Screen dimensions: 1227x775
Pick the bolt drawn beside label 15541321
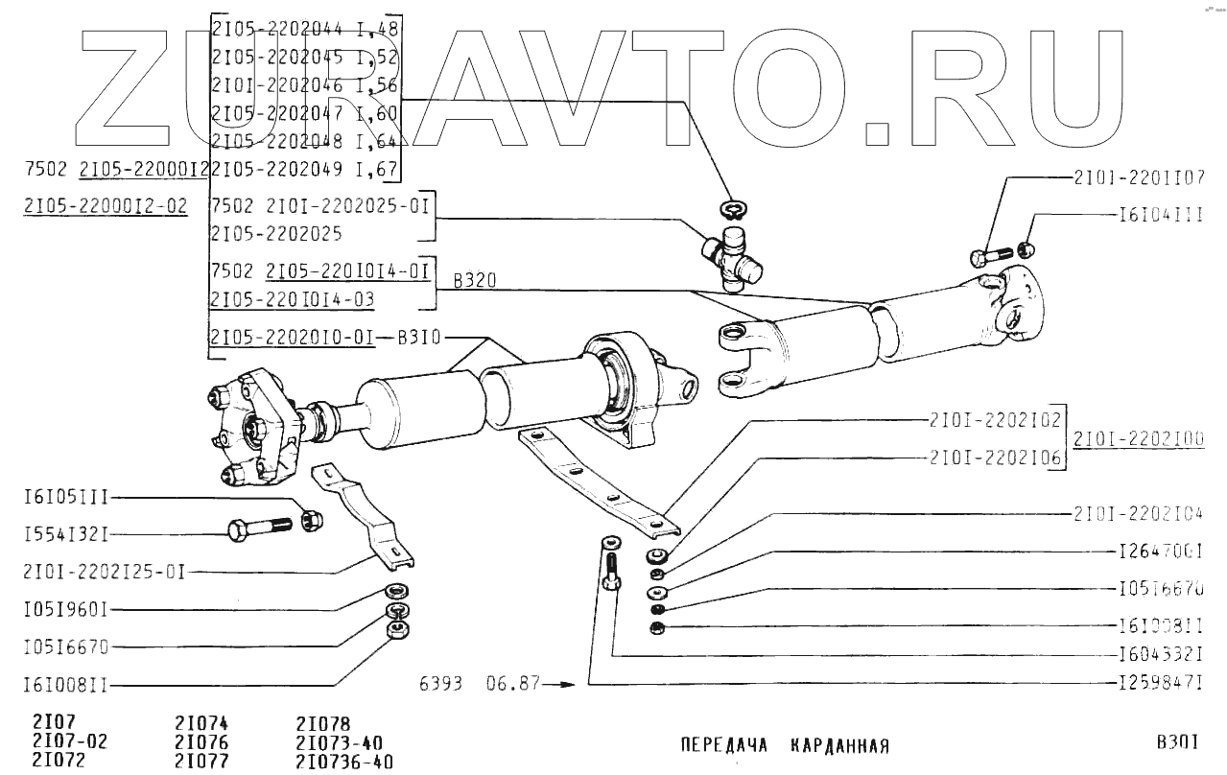(259, 528)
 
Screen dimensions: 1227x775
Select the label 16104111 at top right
(1161, 217)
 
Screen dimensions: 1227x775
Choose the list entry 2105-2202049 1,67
(304, 171)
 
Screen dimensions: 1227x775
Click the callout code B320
(472, 282)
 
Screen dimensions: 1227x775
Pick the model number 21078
(323, 724)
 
